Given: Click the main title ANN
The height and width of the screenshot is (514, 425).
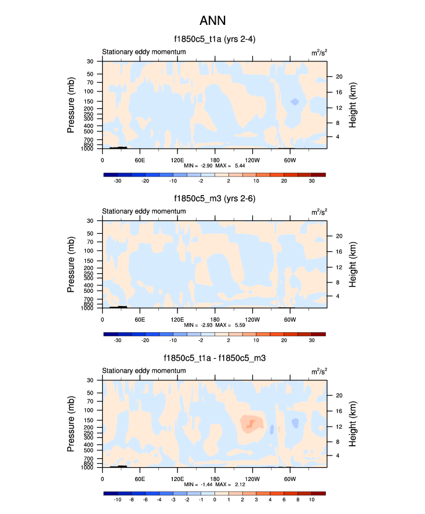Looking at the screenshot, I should (212, 21).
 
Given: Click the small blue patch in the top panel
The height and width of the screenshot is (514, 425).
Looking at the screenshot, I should (295, 102).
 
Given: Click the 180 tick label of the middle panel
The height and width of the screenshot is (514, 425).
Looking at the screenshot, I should (215, 319).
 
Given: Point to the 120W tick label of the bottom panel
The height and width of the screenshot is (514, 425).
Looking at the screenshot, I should (252, 479).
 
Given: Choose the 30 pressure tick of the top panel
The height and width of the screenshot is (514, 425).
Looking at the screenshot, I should (90, 61).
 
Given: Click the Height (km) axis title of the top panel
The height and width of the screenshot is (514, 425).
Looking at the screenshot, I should (352, 105).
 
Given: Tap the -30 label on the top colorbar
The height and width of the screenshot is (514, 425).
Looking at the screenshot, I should (118, 181).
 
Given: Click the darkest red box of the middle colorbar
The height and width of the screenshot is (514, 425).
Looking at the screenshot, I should (318, 334).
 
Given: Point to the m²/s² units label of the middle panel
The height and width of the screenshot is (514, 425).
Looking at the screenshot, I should (318, 212).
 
